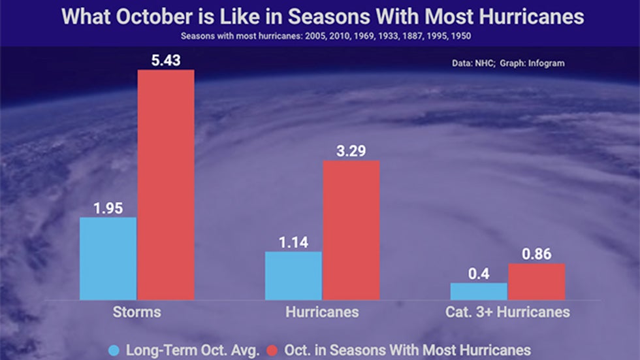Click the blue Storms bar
[108, 258]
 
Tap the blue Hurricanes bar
[293, 275]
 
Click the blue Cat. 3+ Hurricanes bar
[479, 291]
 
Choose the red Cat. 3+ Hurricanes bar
[536, 282]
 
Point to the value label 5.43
[165, 61]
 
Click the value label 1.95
[108, 208]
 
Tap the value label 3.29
[351, 152]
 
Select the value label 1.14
[293, 242]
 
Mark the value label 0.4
[479, 274]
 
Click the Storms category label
[137, 312]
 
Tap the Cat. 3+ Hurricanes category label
[507, 312]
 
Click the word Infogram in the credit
[545, 63]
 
